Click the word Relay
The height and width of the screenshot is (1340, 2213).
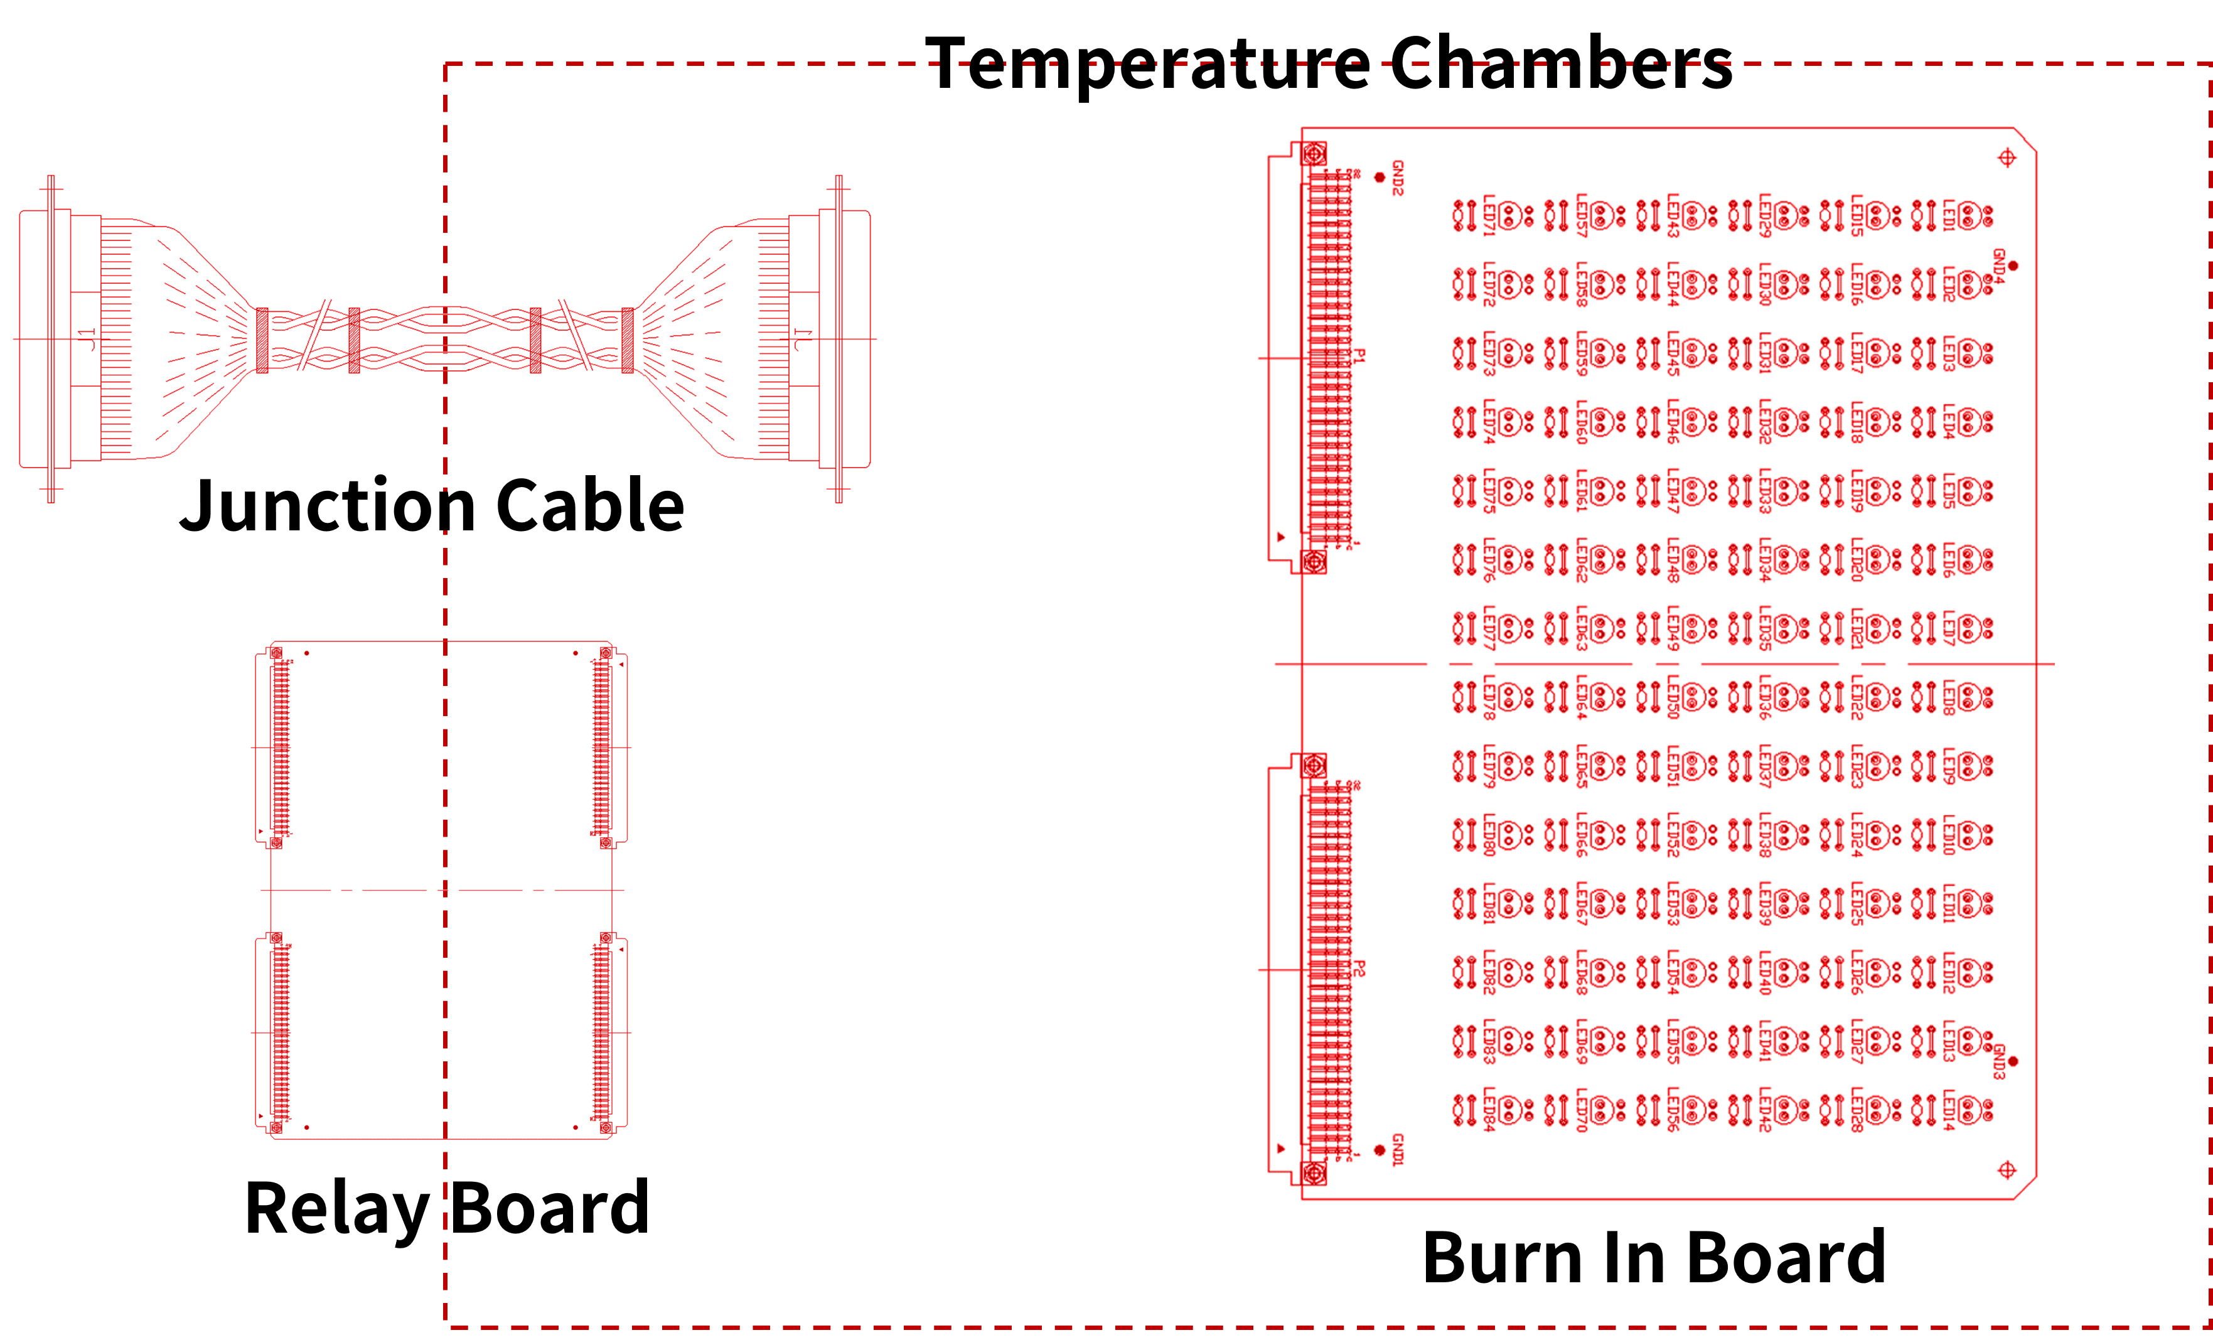point(337,1209)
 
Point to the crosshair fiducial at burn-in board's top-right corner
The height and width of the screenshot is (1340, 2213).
point(2007,159)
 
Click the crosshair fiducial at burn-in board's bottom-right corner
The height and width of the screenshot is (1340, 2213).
point(2007,1171)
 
